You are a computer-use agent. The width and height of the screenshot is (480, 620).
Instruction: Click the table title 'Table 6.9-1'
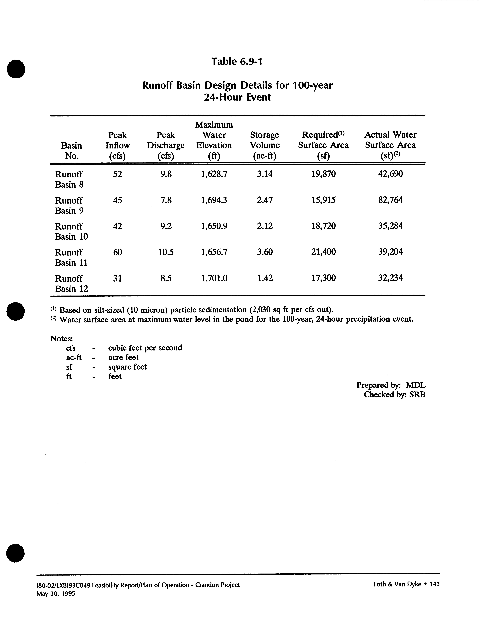click(x=237, y=61)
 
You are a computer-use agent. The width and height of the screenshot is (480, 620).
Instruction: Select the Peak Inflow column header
click(x=118, y=145)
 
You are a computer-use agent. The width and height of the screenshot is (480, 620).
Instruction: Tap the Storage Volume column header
click(x=265, y=145)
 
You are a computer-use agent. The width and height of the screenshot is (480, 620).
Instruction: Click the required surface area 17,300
click(x=323, y=278)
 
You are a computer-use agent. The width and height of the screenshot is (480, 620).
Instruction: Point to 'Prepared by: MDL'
click(x=391, y=385)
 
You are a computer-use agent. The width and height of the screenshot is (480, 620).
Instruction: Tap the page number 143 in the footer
click(x=435, y=584)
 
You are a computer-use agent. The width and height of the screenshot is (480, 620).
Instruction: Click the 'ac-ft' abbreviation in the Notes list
click(x=74, y=357)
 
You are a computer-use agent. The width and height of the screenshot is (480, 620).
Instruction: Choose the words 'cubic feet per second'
click(x=145, y=348)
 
